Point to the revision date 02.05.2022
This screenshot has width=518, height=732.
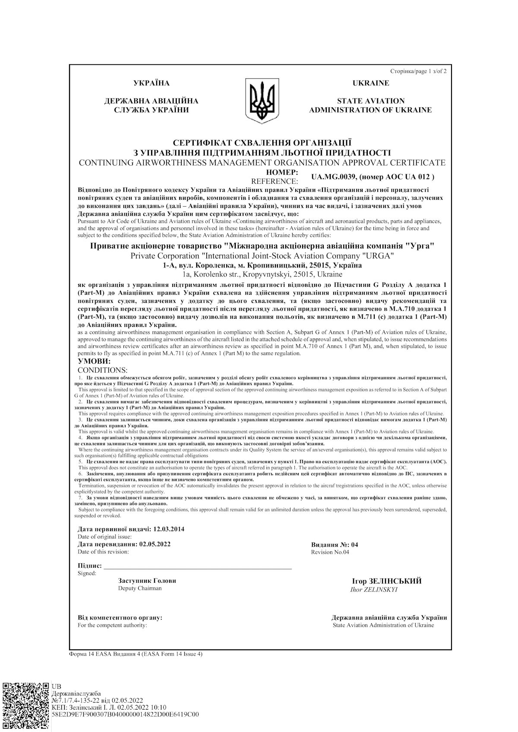pyautogui.click(x=155, y=544)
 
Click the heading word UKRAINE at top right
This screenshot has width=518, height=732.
pyautogui.click(x=370, y=83)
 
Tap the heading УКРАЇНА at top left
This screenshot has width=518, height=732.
pyautogui.click(x=152, y=83)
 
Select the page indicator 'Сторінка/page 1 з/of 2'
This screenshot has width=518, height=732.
pyautogui.click(x=418, y=71)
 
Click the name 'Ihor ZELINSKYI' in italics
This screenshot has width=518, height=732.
pyautogui.click(x=374, y=590)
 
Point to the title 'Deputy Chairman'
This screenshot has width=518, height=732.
pyautogui.click(x=140, y=588)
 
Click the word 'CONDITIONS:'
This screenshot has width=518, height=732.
pyautogui.click(x=102, y=370)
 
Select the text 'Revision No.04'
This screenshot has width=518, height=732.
pyautogui.click(x=330, y=552)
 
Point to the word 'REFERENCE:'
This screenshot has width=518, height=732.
pyautogui.click(x=274, y=181)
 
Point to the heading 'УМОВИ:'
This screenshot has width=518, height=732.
pyautogui.click(x=94, y=361)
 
